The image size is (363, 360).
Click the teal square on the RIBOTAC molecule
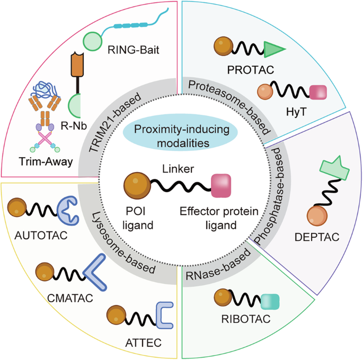click(270, 301)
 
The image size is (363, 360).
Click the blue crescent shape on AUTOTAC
click(68, 211)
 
